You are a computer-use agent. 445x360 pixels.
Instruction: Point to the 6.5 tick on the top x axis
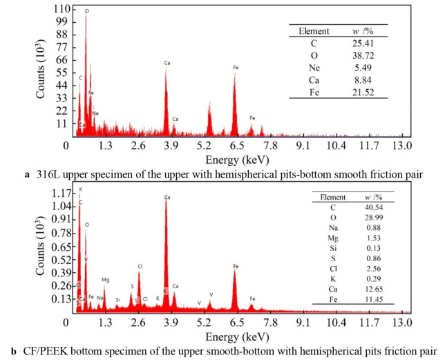click(x=236, y=145)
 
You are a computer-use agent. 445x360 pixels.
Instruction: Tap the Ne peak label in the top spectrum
click(x=95, y=113)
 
